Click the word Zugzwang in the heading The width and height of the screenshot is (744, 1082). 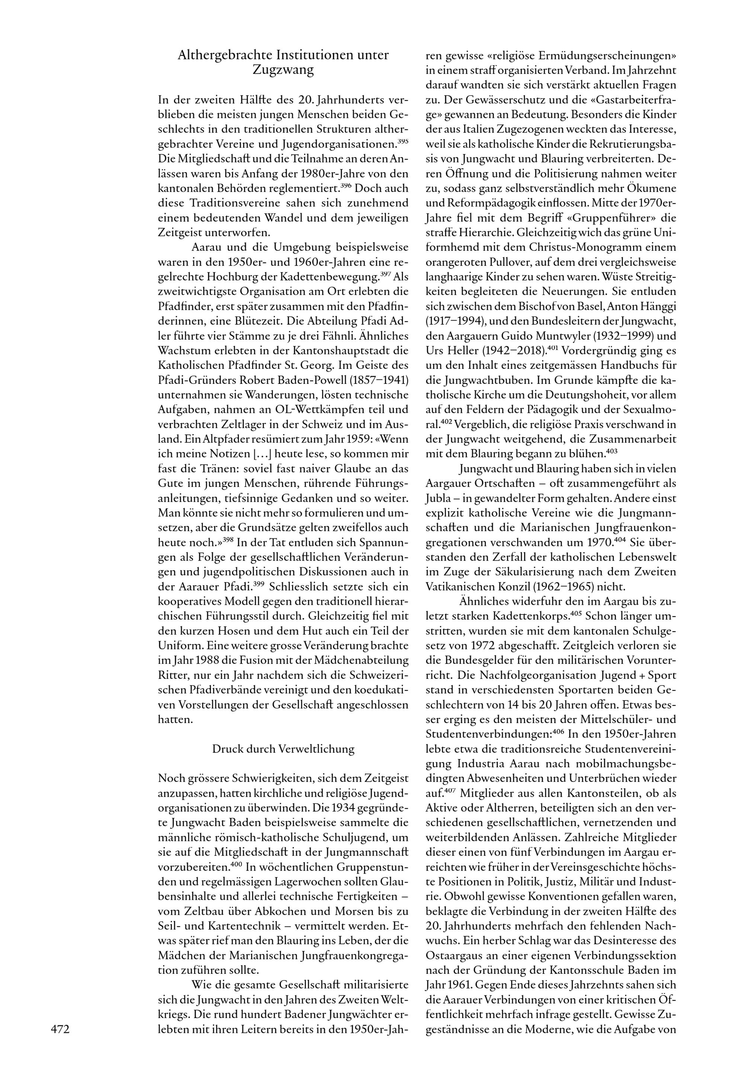pyautogui.click(x=283, y=70)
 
